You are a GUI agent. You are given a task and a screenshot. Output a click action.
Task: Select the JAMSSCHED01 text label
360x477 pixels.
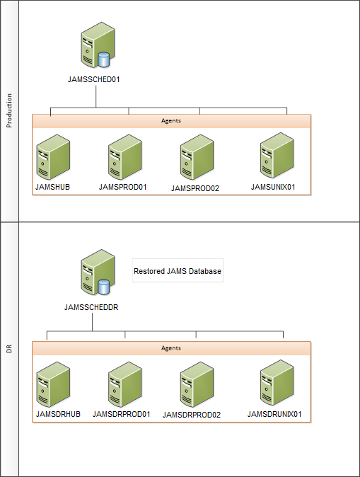(x=96, y=80)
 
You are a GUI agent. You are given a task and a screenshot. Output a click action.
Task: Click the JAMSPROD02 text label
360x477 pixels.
(x=195, y=189)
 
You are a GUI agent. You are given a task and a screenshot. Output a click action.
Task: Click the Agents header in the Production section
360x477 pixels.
(x=171, y=121)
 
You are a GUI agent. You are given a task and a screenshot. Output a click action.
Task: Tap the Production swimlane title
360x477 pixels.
(x=9, y=110)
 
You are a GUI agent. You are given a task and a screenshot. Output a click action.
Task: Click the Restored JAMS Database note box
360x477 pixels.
(x=178, y=270)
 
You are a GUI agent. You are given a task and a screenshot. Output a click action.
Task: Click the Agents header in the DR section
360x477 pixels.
(x=171, y=348)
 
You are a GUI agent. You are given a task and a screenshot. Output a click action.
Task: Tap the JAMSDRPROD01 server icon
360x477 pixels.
(x=125, y=385)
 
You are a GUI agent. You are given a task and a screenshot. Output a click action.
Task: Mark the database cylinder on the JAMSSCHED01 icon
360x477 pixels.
(x=105, y=59)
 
